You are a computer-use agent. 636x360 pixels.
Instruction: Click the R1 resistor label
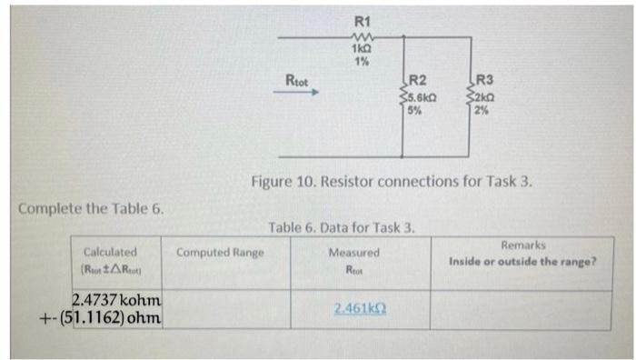point(363,20)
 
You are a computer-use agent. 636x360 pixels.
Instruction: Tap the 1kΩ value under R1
point(363,48)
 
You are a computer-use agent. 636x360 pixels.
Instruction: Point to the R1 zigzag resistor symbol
point(363,35)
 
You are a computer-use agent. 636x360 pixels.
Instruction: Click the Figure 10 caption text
point(392,181)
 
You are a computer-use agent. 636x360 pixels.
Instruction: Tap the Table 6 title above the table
point(342,227)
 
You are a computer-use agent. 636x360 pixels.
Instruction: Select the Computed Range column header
point(221,252)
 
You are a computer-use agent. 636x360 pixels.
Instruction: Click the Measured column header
point(354,252)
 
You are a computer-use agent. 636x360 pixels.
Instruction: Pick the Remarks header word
point(522,245)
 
